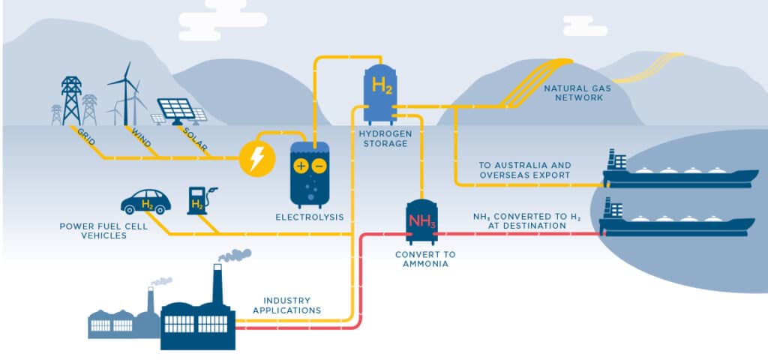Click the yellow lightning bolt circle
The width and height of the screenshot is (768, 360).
(254, 158)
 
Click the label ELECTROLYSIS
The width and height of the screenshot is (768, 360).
(310, 217)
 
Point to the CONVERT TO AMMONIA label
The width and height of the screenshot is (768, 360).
(425, 259)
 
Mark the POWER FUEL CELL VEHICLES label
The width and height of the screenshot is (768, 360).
(96, 229)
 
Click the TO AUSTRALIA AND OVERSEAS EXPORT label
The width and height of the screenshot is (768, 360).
(524, 170)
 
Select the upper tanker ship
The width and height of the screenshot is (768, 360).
(679, 174)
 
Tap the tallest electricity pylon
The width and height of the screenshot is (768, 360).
(71, 100)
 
